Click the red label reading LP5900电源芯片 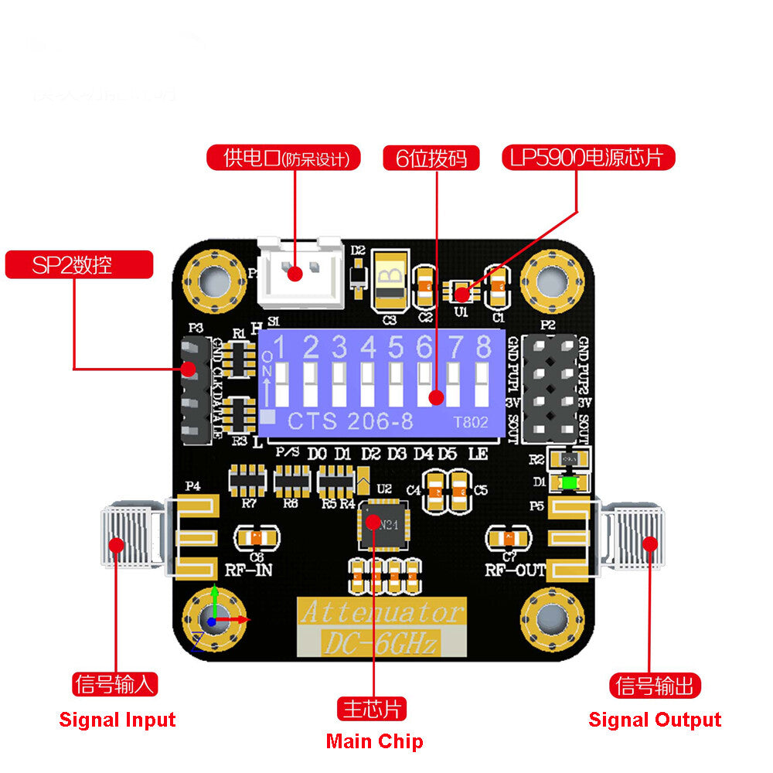click(589, 158)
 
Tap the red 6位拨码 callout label click(431, 158)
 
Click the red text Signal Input click(117, 720)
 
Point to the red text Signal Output click(655, 720)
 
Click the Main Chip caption click(374, 742)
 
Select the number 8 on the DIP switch click(484, 348)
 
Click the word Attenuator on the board click(382, 614)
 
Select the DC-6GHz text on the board click(379, 642)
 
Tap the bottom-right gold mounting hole click(552, 619)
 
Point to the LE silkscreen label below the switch click(478, 455)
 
